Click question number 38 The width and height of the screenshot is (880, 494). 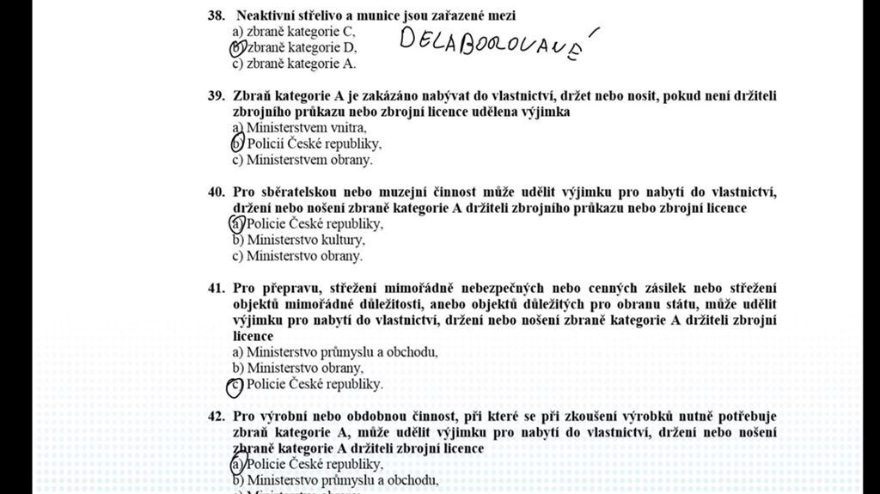click(x=216, y=15)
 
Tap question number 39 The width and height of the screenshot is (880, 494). click(x=216, y=95)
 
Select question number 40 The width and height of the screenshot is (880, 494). click(x=216, y=192)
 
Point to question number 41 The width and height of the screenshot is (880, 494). click(x=216, y=288)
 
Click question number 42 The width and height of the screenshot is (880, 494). click(x=216, y=417)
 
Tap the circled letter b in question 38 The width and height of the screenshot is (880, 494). click(x=238, y=48)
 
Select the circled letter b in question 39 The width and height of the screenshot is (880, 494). click(x=238, y=143)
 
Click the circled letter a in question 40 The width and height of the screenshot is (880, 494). click(x=237, y=224)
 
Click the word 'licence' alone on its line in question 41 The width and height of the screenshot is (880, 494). click(x=253, y=336)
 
